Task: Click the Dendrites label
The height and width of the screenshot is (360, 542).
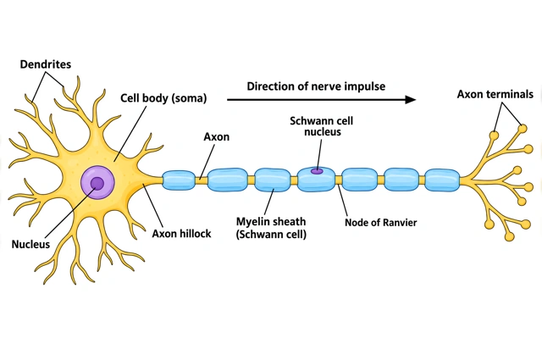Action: pos(45,64)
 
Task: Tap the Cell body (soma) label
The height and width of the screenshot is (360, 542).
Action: pos(163,98)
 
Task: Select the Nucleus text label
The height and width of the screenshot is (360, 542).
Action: pos(30,244)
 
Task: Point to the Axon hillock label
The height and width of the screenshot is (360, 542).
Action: pos(181,234)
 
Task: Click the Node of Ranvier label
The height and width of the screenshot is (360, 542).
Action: pos(381,223)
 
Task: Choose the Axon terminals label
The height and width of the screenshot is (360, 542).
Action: pos(495,94)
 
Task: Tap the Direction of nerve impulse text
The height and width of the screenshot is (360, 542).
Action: pos(316,86)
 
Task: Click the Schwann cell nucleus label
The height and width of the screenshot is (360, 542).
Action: pos(322,126)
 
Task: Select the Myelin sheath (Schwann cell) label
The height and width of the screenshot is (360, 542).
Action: pos(271,228)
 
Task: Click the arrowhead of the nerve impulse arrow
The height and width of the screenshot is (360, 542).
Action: pos(411,100)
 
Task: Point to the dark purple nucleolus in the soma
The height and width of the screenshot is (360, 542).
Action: pos(97,184)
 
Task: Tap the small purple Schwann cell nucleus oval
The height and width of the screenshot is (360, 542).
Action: pos(317,171)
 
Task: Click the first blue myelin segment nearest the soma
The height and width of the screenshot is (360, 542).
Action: pos(179,180)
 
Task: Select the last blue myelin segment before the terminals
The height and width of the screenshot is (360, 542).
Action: pos(442,180)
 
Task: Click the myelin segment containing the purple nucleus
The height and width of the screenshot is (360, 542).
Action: pos(316,179)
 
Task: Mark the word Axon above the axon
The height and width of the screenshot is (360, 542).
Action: pos(217,137)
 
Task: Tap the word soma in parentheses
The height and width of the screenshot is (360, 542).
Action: pos(189,98)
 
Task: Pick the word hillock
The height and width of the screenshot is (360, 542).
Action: pos(195,234)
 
